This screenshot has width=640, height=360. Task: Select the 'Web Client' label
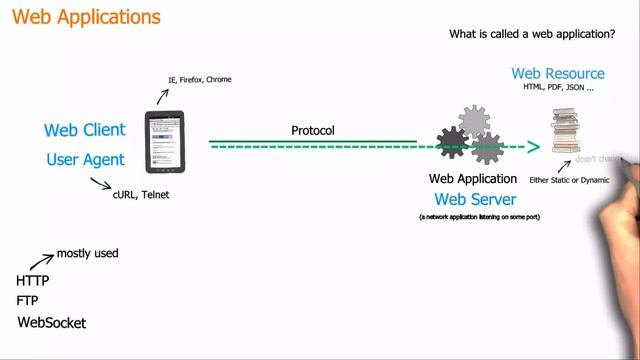pos(85,130)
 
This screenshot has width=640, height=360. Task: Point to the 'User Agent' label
pos(85,160)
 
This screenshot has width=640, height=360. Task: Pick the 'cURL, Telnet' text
pos(141,195)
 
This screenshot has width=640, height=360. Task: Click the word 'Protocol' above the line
pos(313,131)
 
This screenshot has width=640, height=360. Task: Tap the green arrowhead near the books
pos(534,147)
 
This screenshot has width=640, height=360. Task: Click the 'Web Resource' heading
pos(558,74)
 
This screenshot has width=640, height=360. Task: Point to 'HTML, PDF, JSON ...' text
pos(558,88)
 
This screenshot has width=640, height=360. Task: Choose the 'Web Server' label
pos(475,199)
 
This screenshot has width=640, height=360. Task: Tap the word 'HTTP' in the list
pos(32,281)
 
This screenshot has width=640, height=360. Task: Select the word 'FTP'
pos(28,300)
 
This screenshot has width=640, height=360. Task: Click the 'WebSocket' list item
pos(52,323)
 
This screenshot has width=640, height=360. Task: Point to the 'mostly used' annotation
pos(88,253)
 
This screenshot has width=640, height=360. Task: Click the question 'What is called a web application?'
pos(533,35)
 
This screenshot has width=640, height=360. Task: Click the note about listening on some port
pos(480,217)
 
